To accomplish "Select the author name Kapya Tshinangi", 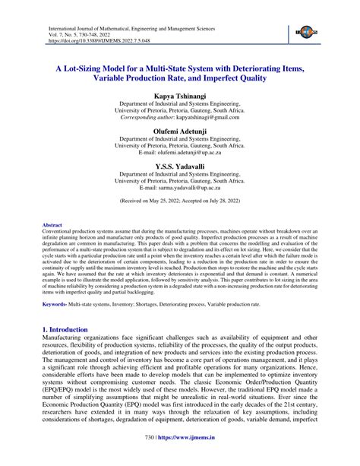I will click(x=179, y=98).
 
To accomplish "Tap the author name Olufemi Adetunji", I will click(x=179, y=132).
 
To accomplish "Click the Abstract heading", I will click(x=52, y=226).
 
